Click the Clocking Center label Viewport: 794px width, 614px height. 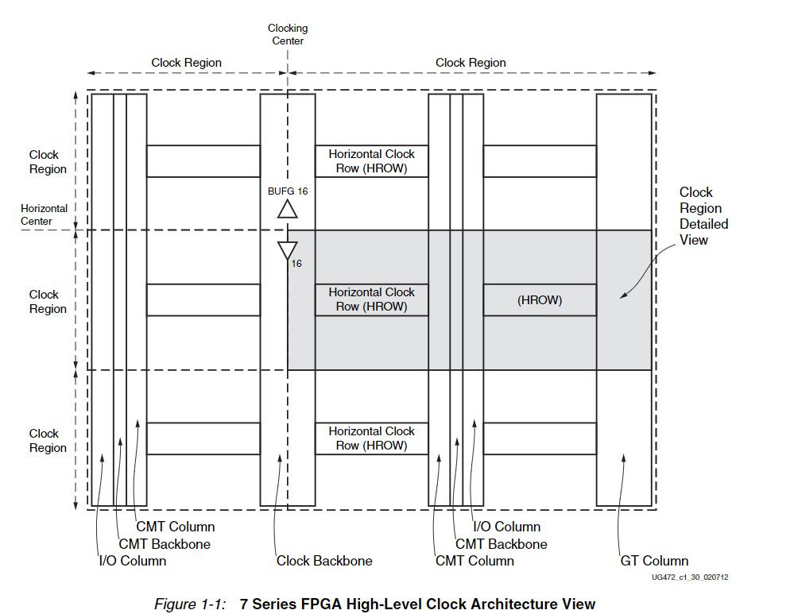point(288,34)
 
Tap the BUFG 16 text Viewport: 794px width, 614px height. point(288,191)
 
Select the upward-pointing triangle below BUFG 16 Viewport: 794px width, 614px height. point(287,209)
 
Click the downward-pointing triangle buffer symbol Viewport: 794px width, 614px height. point(287,250)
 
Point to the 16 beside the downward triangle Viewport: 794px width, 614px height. point(296,263)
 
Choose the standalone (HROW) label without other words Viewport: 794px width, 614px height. point(540,300)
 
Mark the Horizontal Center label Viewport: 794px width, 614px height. point(44,215)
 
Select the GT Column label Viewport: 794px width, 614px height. point(654,561)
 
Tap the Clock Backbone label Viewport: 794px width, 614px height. point(324,561)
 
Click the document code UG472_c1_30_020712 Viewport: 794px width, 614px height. point(689,577)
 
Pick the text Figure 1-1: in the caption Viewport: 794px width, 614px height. point(190,604)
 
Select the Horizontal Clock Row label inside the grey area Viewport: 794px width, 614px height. point(371,299)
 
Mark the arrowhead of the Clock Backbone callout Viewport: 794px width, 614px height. point(279,458)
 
